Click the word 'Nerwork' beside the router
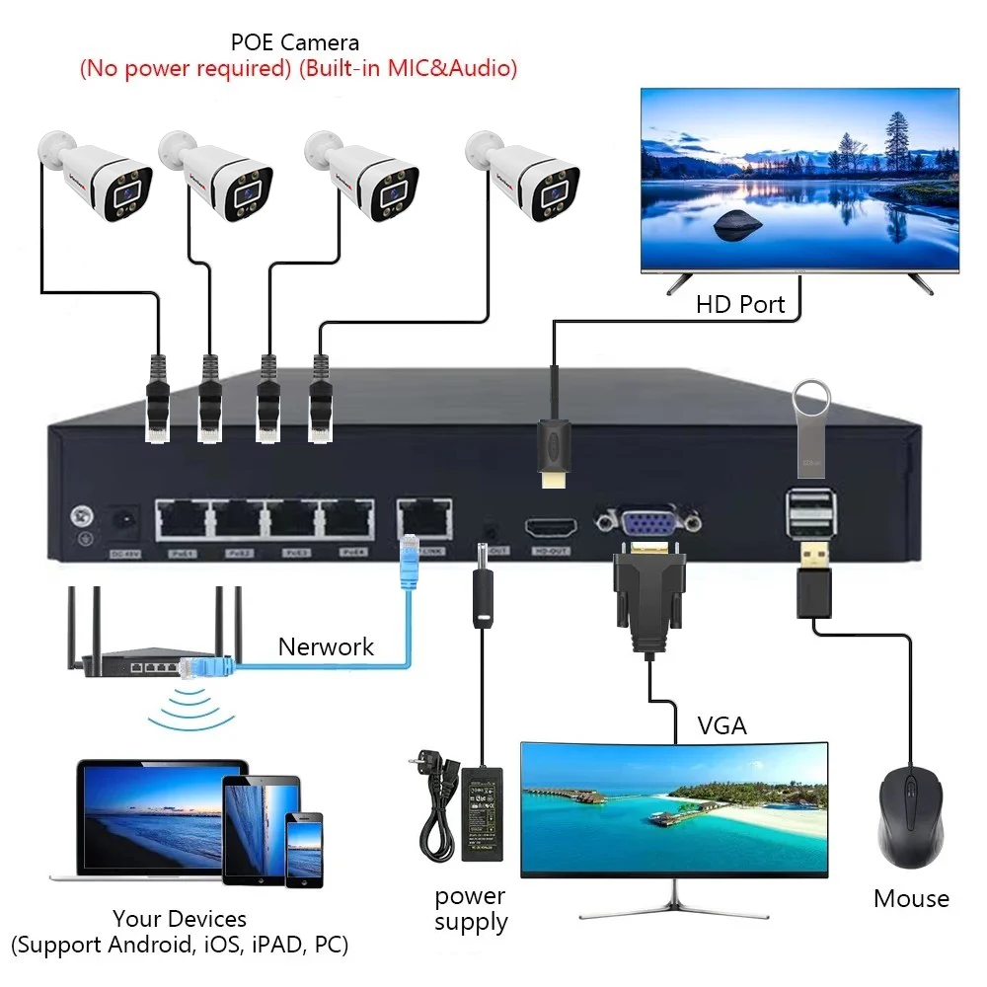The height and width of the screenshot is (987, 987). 326,647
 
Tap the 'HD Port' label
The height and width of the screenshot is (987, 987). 740,304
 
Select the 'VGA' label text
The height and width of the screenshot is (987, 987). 721,726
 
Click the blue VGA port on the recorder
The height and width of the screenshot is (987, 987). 646,523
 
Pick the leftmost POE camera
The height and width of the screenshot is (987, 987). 95,176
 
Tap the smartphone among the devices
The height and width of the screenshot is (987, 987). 304,849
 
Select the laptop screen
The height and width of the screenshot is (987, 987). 148,815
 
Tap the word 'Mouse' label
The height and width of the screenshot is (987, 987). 911,899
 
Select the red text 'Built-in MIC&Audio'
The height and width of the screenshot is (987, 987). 406,69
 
